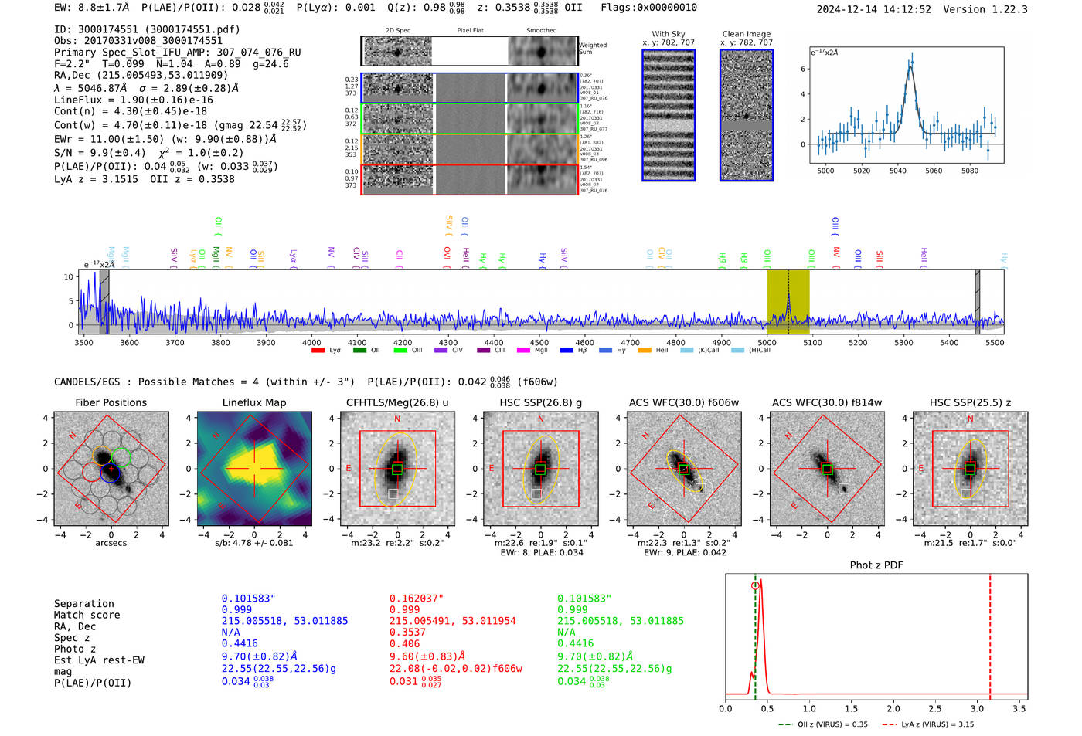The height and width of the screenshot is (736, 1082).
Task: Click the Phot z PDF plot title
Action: (876, 565)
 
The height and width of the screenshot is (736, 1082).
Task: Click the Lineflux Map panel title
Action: (253, 402)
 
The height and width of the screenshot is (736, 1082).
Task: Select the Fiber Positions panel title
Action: (111, 402)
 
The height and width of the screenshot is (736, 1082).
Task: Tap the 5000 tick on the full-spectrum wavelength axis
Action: (767, 342)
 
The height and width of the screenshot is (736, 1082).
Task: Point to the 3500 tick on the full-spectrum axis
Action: (83, 342)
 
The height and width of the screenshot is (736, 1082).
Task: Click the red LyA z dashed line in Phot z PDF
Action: (990, 633)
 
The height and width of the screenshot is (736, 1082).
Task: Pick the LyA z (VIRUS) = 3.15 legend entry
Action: (937, 724)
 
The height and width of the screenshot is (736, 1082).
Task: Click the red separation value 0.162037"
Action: (417, 599)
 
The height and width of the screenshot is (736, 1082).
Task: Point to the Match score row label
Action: (87, 615)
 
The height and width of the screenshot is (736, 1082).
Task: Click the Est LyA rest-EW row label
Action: (99, 660)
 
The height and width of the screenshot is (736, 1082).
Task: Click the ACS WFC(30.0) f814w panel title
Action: (826, 402)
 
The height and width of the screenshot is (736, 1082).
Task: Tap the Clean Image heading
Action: (746, 34)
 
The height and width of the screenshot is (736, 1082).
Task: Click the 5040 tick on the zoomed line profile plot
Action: (897, 171)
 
